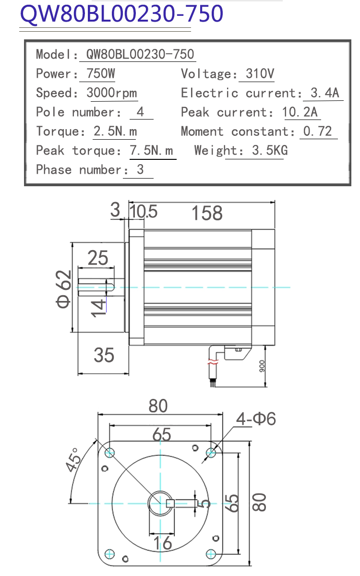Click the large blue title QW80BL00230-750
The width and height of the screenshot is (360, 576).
tap(121, 13)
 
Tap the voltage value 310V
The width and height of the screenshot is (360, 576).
tap(260, 73)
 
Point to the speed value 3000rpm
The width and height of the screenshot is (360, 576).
tap(111, 93)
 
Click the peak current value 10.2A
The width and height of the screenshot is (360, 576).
tap(300, 112)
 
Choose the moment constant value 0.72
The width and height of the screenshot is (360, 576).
tap(317, 132)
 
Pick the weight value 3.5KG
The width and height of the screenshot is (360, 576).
tap(270, 150)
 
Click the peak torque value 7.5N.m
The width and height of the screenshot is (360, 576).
tap(151, 150)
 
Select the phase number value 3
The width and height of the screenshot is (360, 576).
tap(140, 170)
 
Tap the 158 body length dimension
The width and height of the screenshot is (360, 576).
tap(207, 213)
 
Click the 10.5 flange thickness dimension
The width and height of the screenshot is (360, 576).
tap(143, 212)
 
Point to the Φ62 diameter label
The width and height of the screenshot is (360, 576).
tap(63, 289)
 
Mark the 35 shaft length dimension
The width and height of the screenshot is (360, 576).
tap(104, 355)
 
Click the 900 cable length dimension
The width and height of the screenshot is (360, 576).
tap(262, 366)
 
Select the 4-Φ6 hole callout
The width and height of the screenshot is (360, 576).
tap(256, 419)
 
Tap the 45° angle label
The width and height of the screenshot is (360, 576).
tap(73, 460)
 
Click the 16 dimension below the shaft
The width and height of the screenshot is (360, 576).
tap(163, 542)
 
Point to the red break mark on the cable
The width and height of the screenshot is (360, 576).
tap(213, 362)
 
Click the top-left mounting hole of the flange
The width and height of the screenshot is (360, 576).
tap(110, 453)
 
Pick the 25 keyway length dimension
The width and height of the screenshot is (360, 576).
tap(98, 258)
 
